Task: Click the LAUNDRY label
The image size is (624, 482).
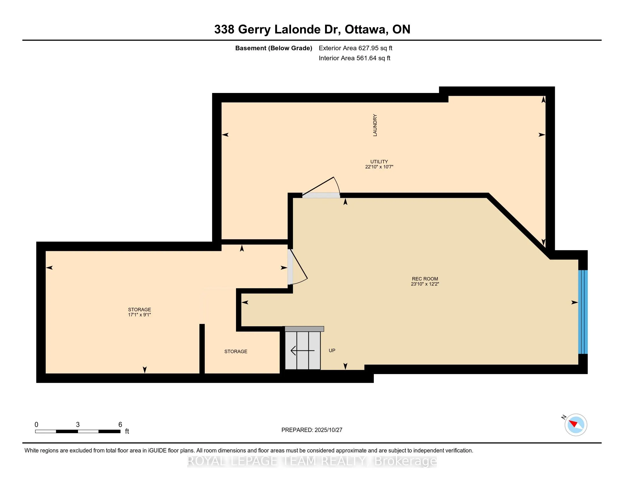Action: pos(375,125)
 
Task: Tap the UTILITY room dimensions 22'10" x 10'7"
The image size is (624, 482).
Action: pos(379,167)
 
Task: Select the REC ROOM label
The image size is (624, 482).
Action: pos(425,279)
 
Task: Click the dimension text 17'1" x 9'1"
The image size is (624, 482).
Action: pos(140,315)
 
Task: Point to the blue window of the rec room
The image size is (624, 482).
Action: pos(583,312)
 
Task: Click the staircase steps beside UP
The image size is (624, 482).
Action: pos(303,350)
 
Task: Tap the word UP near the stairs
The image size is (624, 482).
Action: pos(332,350)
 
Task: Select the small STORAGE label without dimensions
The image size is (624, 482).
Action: pos(236,352)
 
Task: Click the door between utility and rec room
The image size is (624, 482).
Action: pos(321,195)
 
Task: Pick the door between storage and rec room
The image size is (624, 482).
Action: pos(290,267)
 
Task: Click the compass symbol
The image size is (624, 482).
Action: pos(576,425)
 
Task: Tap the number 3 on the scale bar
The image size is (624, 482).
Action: pos(78,425)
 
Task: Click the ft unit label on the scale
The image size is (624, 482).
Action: pos(127,432)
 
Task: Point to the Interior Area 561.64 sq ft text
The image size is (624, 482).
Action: pos(354,58)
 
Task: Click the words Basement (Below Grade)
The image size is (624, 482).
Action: pos(273,48)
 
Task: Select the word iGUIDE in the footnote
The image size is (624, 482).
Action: pos(157,451)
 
